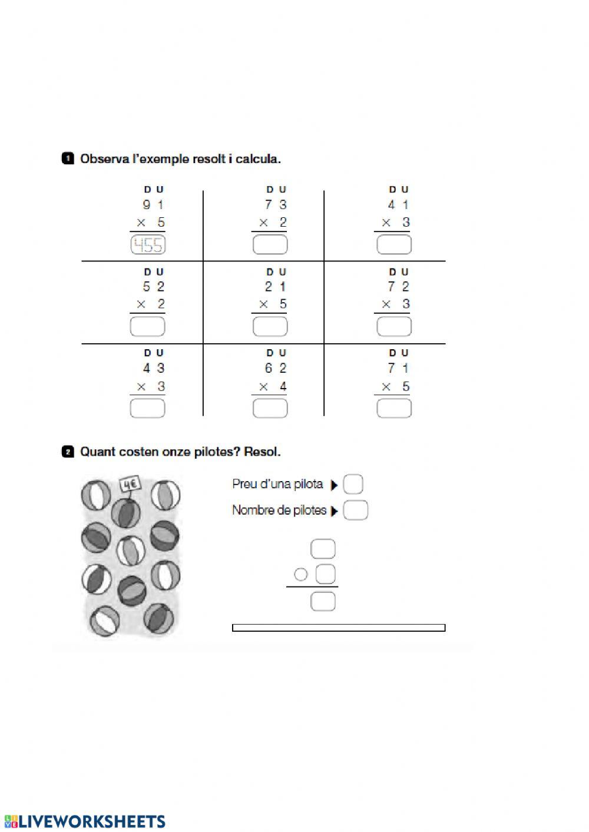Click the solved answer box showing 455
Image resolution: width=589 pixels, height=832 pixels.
tap(148, 245)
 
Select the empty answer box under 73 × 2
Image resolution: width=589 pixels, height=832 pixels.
tap(270, 245)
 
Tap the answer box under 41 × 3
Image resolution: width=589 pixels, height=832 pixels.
tap(393, 245)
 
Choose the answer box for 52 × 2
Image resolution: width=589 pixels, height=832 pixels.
tap(148, 327)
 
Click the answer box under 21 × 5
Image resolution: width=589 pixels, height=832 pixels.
tap(270, 327)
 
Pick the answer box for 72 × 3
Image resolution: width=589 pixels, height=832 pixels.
tap(393, 327)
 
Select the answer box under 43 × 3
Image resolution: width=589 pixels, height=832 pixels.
tap(148, 408)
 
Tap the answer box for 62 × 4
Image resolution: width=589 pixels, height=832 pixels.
tap(270, 408)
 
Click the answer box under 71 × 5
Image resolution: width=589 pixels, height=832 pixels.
tap(393, 408)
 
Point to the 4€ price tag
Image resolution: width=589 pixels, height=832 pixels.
tap(130, 485)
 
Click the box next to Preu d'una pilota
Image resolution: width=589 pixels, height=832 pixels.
tap(353, 485)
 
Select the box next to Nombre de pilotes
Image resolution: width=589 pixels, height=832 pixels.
tap(355, 510)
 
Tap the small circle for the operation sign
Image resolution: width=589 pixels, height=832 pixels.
tap(301, 574)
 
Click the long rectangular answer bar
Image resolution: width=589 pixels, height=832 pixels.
tap(339, 628)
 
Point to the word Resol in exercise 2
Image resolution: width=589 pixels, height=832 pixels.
tap(262, 452)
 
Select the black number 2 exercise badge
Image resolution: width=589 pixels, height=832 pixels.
tap(68, 452)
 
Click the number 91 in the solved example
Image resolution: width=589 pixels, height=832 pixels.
tap(153, 205)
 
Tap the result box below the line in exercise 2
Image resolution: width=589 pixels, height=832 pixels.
tap(323, 601)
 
